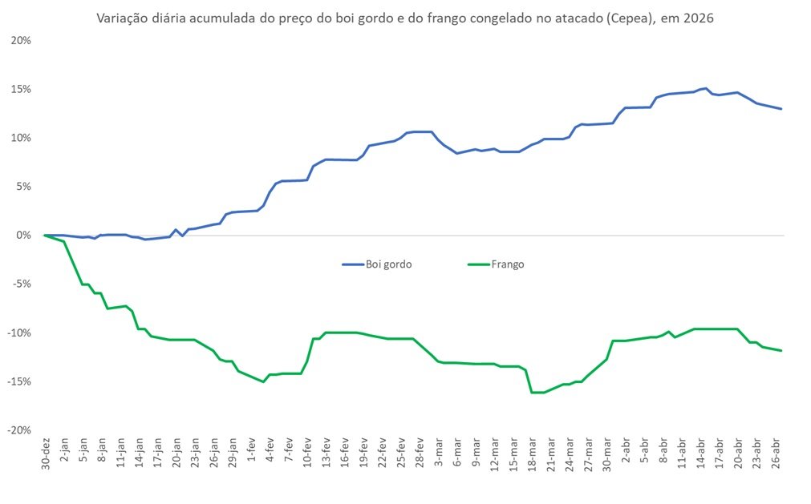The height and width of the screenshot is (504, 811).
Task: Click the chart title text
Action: (x=404, y=18)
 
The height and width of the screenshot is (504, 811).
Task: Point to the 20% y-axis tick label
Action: (x=21, y=40)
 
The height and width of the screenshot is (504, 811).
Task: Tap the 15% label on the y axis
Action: (x=21, y=89)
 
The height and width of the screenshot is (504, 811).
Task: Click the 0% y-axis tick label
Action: (x=24, y=236)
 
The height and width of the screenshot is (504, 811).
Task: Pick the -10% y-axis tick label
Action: (x=19, y=333)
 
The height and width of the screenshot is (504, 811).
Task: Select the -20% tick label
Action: (x=19, y=430)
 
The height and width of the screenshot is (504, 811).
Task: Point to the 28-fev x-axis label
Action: (x=420, y=457)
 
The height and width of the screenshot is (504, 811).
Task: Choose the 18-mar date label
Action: (x=532, y=457)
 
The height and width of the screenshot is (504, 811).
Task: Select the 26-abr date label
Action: (x=776, y=457)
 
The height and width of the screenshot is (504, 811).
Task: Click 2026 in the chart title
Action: (x=697, y=18)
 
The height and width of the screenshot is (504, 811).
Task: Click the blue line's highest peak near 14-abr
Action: (x=704, y=88)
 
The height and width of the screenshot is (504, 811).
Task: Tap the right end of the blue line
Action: (x=781, y=109)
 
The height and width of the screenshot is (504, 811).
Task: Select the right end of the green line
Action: (x=781, y=350)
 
